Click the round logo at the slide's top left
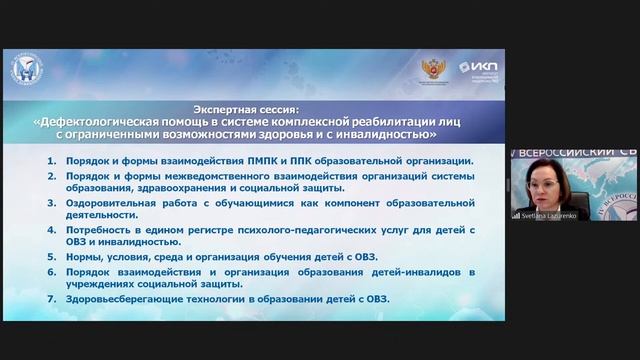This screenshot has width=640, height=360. tap(26, 69)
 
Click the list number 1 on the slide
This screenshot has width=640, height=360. tap(51, 161)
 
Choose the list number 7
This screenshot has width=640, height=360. tap(51, 299)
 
